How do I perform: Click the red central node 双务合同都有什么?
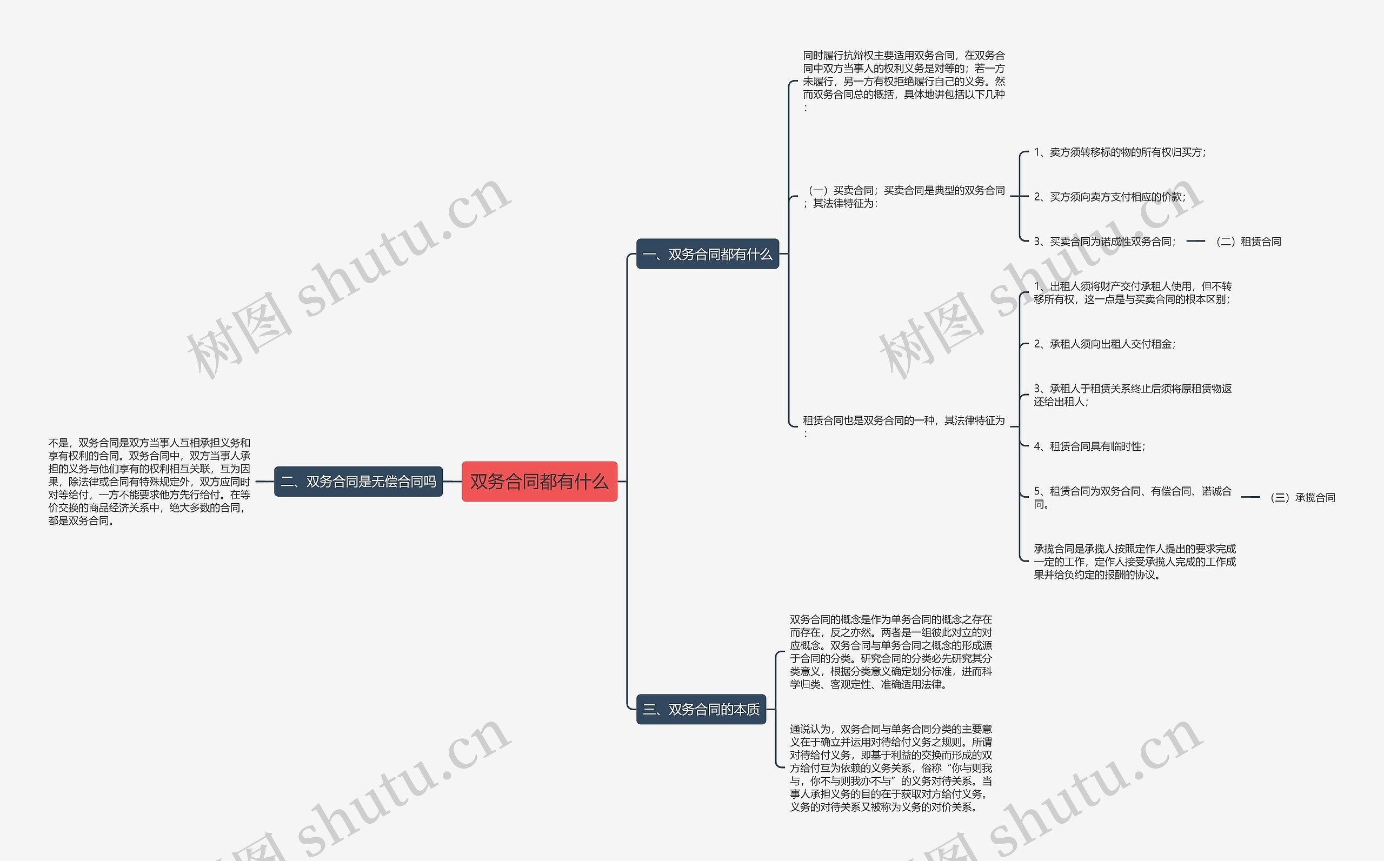coord(539,481)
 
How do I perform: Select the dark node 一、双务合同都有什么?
coord(707,254)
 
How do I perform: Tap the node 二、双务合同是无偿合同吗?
coord(358,481)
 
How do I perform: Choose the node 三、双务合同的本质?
coord(701,709)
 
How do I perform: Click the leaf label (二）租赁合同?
coord(1248,242)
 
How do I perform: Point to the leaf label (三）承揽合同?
coord(1302,497)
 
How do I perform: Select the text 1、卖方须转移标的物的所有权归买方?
coord(1119,152)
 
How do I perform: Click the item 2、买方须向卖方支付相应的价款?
coord(1109,197)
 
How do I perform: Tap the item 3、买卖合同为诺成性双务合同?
coord(1104,242)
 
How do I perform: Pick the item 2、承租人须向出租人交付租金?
coord(1104,344)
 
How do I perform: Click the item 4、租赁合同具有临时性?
coord(1089,446)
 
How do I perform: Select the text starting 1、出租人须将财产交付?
coord(1132,293)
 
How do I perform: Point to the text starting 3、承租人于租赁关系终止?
coord(1132,395)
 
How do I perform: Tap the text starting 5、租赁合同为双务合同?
coord(1132,497)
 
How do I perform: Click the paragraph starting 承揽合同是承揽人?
coord(1134,562)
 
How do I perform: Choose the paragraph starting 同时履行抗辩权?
coord(903,81)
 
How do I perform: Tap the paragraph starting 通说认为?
coord(890,767)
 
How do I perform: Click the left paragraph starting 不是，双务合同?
coord(149,481)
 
